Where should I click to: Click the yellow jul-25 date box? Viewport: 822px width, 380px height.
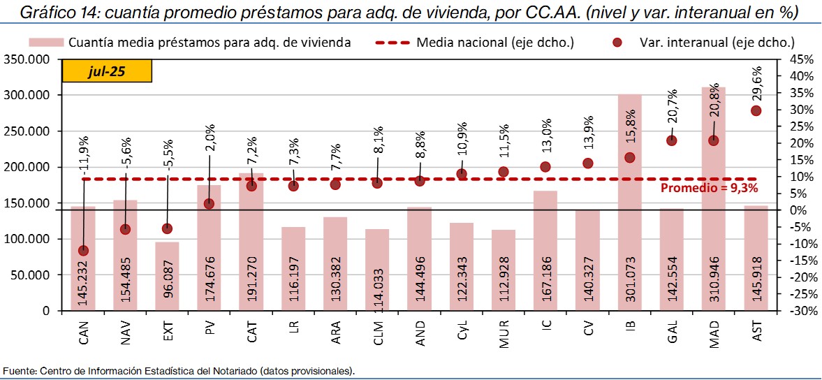(x=107, y=72)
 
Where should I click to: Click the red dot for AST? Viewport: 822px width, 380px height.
(x=756, y=110)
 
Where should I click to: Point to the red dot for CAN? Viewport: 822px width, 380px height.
(x=84, y=250)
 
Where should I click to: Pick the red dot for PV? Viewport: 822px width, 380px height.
(x=210, y=203)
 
